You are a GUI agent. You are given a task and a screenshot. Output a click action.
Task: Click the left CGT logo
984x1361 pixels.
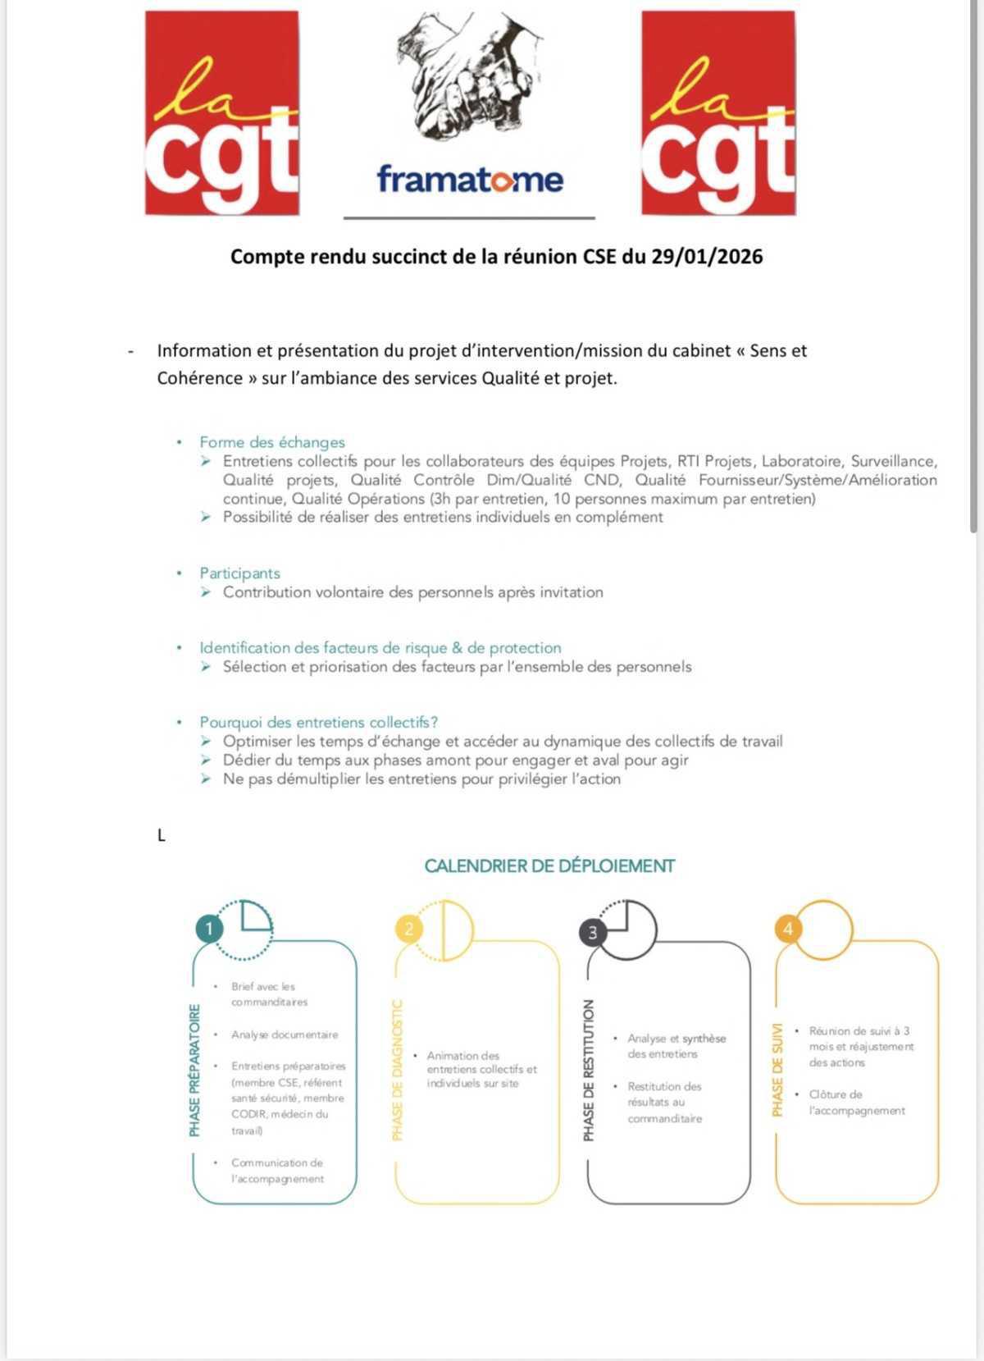point(221,113)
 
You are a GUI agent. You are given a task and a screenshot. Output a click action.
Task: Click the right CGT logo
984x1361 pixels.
point(717,113)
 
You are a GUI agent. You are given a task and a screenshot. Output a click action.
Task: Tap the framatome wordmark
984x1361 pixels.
point(470,179)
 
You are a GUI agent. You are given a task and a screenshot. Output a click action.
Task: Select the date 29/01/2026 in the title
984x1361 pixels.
point(707,257)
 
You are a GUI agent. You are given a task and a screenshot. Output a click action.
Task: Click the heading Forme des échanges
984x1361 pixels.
point(272,442)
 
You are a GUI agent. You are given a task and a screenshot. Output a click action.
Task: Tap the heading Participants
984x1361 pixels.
point(239,573)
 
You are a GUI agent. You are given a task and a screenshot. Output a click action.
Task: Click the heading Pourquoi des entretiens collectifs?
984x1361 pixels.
point(318,722)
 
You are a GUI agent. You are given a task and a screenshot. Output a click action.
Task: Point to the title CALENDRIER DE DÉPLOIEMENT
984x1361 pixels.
point(549,865)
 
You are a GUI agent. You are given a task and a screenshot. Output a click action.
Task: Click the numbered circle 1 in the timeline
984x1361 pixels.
point(209,929)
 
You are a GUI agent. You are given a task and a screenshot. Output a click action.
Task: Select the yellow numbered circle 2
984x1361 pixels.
point(409,929)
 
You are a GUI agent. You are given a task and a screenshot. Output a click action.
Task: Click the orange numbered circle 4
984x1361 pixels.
point(788,929)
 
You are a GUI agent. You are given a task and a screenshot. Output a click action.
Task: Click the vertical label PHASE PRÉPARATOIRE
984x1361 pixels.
point(194,1070)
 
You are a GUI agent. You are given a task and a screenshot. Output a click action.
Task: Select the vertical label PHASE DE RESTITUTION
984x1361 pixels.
point(588,1070)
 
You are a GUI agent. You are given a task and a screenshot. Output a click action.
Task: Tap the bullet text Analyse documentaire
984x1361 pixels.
point(284,1034)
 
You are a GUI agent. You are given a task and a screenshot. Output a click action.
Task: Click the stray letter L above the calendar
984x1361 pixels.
point(162,836)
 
